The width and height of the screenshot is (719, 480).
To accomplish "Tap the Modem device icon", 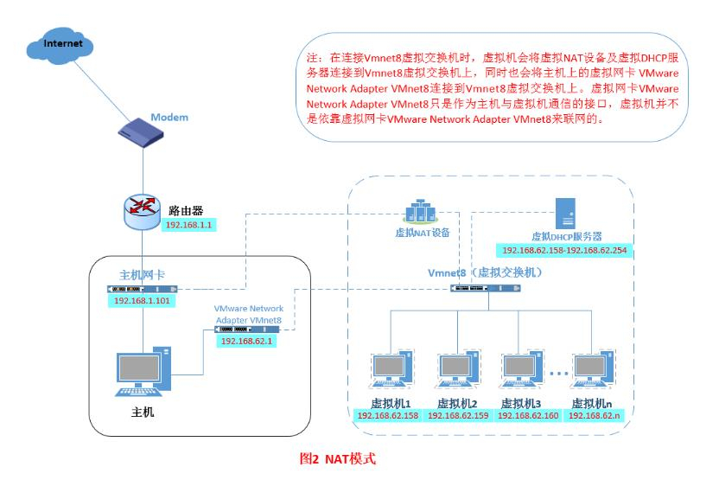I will (x=140, y=132).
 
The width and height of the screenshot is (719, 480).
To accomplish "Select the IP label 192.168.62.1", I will (x=246, y=342).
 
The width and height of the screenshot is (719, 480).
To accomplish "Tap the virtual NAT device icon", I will (x=422, y=212).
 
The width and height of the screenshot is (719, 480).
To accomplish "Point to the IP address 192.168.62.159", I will (x=458, y=415).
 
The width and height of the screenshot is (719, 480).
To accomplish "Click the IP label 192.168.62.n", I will (x=594, y=415).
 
